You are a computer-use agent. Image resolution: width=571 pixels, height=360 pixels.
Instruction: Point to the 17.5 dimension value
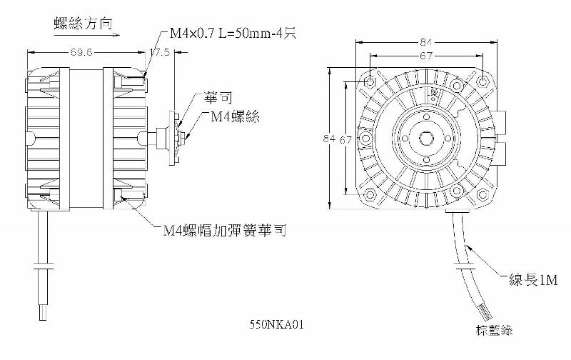click(x=160, y=52)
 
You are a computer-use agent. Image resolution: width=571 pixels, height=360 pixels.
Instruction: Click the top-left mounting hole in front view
click(x=369, y=82)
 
